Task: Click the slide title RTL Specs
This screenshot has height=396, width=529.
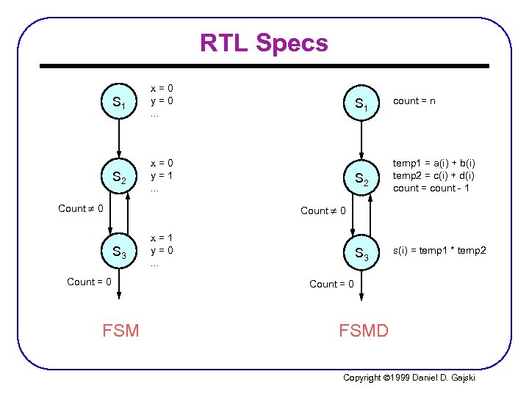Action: (264, 43)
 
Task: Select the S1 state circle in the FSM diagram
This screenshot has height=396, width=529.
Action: (118, 104)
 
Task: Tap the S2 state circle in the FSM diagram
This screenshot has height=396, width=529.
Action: (118, 178)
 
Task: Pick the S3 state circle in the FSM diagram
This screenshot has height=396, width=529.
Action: (118, 253)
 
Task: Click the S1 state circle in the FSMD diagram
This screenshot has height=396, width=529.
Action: (361, 104)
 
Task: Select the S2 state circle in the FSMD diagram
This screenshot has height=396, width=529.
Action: (361, 178)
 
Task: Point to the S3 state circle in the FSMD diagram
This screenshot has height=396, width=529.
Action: (361, 253)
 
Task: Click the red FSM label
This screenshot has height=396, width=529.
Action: (121, 331)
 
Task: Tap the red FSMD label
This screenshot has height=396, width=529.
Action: (364, 331)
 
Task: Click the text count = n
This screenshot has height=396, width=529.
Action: (414, 100)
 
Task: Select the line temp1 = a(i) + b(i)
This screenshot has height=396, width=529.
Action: (434, 164)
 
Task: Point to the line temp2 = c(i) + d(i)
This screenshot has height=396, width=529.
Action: (434, 176)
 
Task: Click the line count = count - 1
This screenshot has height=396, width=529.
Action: (432, 188)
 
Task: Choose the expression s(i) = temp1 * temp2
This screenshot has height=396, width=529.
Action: (439, 252)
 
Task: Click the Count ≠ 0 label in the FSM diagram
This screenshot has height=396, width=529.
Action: (80, 208)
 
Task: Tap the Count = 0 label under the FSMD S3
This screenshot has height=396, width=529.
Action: (331, 284)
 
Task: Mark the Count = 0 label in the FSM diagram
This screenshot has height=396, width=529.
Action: (89, 282)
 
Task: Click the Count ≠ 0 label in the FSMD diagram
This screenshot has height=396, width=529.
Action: (323, 210)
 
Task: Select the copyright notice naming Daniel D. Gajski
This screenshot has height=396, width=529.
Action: (409, 377)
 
